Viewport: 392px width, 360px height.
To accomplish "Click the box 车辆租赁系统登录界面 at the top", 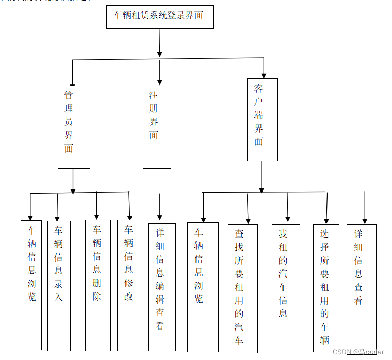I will coord(160,16).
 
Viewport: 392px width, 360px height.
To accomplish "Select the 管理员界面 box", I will coord(74,127).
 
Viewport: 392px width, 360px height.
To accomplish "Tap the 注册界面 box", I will coord(157,127).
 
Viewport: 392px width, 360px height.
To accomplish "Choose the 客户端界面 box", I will coord(262,119).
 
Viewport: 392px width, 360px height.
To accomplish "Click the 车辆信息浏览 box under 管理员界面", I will coord(31,285).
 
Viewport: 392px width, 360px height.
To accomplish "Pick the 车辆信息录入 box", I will coord(58,286).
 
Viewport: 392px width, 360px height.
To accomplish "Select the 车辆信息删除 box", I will coord(97,285).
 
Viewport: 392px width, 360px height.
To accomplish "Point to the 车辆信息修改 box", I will coord(129,285).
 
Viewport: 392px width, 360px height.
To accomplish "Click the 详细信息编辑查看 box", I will coord(161,287).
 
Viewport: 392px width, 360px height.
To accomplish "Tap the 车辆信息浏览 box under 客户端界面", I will coord(202,287).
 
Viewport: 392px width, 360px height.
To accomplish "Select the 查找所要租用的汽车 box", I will coord(242,288).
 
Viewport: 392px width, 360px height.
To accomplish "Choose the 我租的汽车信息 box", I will coord(286,288).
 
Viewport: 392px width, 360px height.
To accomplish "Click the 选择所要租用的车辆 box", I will coord(325,288).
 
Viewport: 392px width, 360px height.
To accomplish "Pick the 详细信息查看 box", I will coord(361,288).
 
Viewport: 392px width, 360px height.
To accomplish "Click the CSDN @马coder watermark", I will coord(358,352).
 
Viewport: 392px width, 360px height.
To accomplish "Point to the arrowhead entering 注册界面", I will coord(160,81).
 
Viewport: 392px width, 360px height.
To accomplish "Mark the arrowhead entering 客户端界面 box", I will coord(264,75).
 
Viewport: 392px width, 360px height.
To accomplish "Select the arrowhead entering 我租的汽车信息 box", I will coord(288,218).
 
